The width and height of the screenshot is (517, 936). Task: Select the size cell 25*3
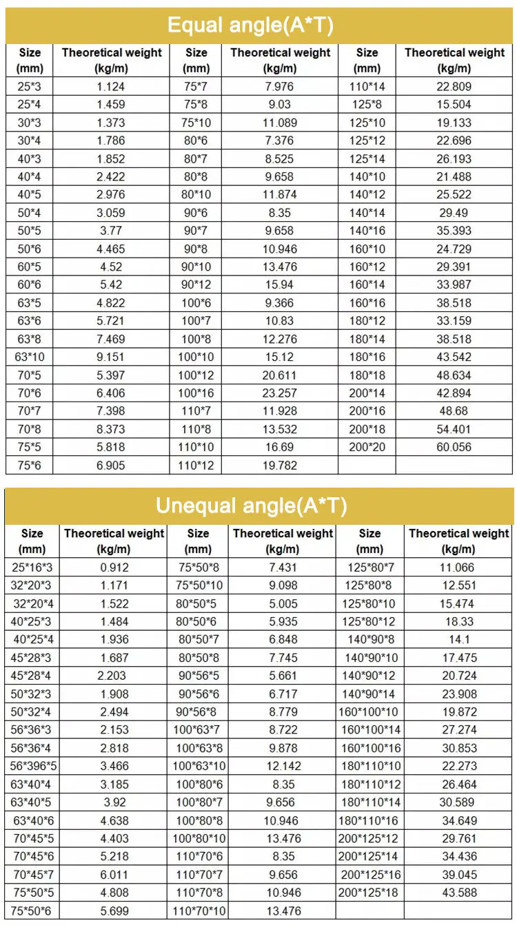click(x=29, y=87)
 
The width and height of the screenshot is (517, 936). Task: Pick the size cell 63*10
click(x=29, y=356)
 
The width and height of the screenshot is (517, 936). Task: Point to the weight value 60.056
click(x=454, y=447)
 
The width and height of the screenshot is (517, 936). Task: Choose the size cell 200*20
click(x=367, y=447)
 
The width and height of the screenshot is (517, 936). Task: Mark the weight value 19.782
click(x=280, y=465)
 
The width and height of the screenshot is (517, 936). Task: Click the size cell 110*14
click(x=367, y=87)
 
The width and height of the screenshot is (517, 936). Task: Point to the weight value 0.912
click(x=114, y=568)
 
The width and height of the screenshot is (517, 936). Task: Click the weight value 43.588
click(x=458, y=893)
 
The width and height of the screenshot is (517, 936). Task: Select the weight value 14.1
click(x=458, y=640)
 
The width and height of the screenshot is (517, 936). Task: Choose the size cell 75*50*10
click(x=199, y=586)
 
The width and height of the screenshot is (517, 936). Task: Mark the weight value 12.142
click(x=283, y=766)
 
